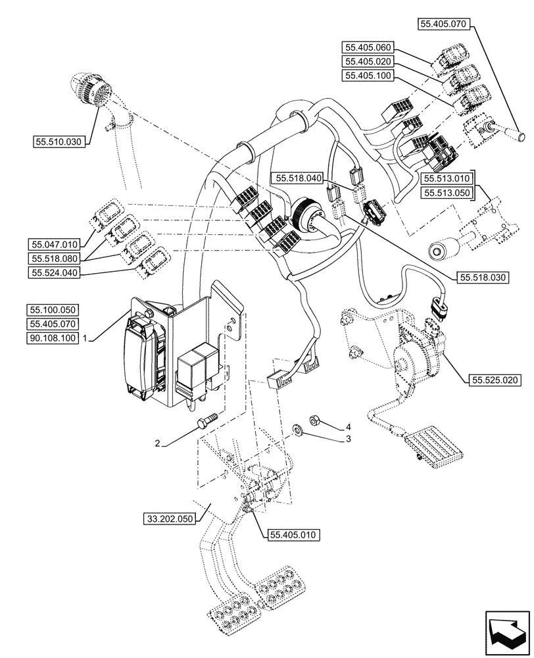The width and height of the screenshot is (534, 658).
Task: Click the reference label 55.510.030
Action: (59, 141)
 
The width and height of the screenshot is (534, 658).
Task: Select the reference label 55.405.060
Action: (367, 47)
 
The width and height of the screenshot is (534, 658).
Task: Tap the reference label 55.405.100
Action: (367, 76)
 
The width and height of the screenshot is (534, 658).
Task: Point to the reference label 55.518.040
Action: (299, 178)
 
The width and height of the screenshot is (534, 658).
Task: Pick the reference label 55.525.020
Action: (494, 380)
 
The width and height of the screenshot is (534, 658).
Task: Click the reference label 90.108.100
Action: (53, 338)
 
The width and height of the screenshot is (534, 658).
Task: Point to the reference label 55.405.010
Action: (294, 535)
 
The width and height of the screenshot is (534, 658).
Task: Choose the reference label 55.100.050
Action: (53, 309)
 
